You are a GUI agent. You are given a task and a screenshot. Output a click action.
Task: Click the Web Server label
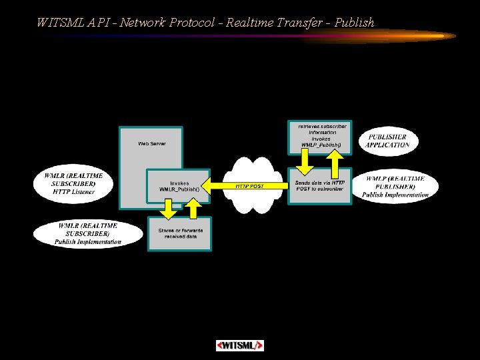coord(152,143)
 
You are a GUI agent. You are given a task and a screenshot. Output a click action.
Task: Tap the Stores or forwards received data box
coord(179,233)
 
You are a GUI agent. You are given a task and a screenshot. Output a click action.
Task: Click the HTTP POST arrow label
coord(249,186)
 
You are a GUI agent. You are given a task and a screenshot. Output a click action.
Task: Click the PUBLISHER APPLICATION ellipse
coord(387,141)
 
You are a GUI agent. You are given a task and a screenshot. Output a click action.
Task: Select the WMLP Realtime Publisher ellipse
coord(395,187)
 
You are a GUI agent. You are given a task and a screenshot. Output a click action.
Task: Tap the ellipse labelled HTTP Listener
coord(70,183)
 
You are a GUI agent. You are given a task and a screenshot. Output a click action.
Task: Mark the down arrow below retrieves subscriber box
coord(304,160)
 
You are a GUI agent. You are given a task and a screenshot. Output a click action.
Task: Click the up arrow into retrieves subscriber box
coord(336,160)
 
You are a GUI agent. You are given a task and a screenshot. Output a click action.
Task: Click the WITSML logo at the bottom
coord(240,345)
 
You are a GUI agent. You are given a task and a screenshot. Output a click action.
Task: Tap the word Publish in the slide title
coord(355,23)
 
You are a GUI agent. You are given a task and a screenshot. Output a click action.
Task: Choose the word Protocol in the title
coord(192,23)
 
